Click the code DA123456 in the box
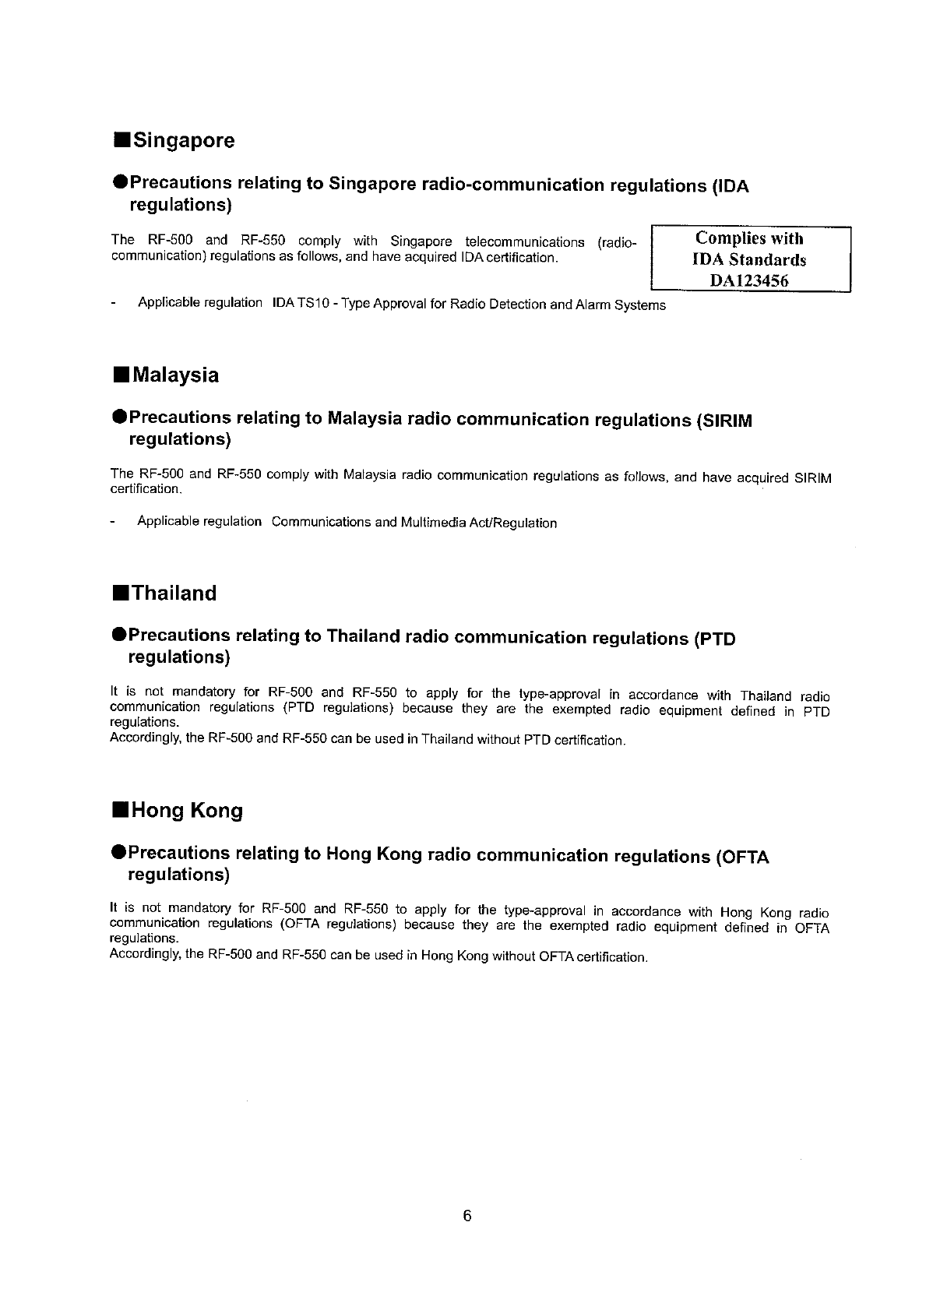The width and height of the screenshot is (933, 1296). [750, 281]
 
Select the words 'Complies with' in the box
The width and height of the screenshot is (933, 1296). [749, 238]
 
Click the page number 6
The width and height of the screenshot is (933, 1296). [467, 1216]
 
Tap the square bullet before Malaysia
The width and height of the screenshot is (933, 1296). [120, 375]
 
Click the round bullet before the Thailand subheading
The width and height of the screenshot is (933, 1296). [119, 636]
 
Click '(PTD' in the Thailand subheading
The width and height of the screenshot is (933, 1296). [713, 639]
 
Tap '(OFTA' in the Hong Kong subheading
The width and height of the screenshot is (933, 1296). [741, 857]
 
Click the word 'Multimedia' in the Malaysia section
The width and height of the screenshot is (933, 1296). [430, 523]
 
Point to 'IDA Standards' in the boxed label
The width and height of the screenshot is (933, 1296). [749, 260]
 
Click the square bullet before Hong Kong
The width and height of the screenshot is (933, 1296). [120, 811]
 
